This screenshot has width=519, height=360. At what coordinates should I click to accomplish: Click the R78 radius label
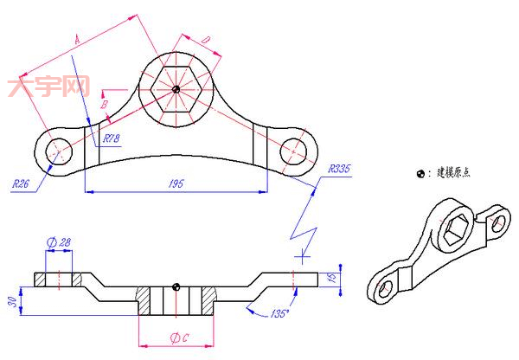112,138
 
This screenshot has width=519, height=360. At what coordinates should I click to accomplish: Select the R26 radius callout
22,183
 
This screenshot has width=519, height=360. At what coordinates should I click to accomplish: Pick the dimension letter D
205,41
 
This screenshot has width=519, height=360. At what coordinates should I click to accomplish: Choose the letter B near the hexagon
105,104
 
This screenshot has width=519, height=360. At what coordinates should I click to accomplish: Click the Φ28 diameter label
59,243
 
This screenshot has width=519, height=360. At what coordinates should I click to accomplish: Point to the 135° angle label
279,312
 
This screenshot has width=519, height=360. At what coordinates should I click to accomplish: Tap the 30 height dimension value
10,299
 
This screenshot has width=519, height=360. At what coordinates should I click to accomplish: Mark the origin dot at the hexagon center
176,88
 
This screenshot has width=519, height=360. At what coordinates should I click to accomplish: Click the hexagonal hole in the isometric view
451,229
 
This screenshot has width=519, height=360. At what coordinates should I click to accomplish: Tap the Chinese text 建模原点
451,172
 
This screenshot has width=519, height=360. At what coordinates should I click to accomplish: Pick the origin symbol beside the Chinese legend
420,173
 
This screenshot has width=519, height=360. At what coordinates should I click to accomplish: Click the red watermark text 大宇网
48,87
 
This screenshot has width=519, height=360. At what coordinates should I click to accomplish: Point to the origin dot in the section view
176,286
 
